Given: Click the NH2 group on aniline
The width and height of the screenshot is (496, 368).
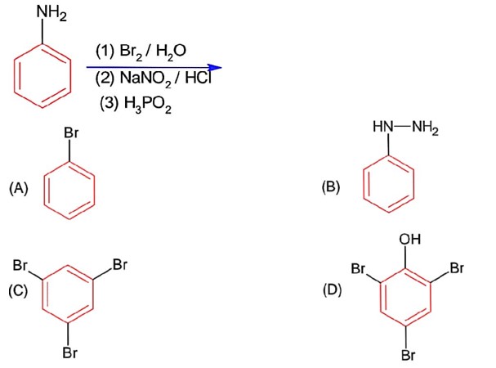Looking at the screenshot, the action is click(x=51, y=14).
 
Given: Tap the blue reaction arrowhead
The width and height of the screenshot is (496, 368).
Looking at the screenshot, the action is click(x=215, y=67).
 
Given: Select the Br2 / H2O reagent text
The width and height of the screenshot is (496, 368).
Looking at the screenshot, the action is click(x=141, y=52).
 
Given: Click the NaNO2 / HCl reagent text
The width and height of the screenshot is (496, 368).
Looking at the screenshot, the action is click(x=153, y=79).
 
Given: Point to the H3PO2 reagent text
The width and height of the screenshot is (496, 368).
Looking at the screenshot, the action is click(x=136, y=105).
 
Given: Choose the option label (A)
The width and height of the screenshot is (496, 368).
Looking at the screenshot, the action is click(x=19, y=188).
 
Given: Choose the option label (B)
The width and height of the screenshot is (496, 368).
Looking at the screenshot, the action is click(x=331, y=186).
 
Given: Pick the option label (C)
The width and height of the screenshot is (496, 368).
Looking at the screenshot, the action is click(x=18, y=290).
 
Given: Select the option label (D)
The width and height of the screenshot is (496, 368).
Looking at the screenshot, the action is click(x=333, y=289).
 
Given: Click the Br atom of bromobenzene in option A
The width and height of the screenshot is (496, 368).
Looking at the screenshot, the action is click(x=71, y=132).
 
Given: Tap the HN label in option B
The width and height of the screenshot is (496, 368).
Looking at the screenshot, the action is click(x=382, y=127).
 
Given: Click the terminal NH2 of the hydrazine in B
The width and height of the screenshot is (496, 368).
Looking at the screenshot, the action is click(x=425, y=128).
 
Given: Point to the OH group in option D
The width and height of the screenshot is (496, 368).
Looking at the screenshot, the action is click(x=410, y=239).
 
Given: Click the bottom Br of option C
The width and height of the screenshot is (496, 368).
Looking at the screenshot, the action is click(x=70, y=352).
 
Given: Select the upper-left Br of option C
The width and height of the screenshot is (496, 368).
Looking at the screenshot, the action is click(x=20, y=265).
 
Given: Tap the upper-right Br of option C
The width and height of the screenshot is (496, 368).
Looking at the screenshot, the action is click(x=120, y=264).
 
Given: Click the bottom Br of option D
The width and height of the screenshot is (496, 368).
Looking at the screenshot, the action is click(x=409, y=355).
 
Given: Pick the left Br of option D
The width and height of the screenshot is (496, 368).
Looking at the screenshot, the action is click(x=358, y=268).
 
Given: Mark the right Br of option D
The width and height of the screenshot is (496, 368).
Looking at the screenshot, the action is click(x=457, y=268).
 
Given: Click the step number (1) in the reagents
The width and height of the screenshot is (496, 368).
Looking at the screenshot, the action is click(x=105, y=51).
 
